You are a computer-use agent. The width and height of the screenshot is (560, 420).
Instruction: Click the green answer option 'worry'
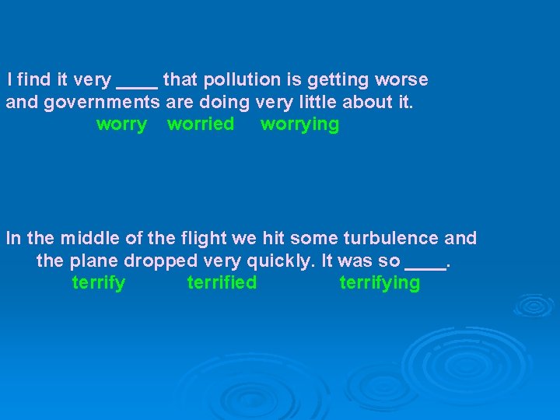[x=121, y=124]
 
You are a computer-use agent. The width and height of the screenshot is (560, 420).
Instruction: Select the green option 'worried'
[x=201, y=124]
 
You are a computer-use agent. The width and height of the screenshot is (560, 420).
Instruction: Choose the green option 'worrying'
[x=299, y=125]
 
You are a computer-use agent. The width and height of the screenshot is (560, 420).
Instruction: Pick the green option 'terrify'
[x=98, y=283]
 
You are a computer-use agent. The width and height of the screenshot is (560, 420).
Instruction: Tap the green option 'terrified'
[x=222, y=283]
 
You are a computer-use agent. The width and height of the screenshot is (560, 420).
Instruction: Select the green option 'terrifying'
[x=380, y=283]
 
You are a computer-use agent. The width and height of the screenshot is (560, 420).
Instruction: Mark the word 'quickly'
[x=279, y=261]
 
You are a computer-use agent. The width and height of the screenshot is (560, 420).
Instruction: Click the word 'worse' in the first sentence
[x=401, y=80]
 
